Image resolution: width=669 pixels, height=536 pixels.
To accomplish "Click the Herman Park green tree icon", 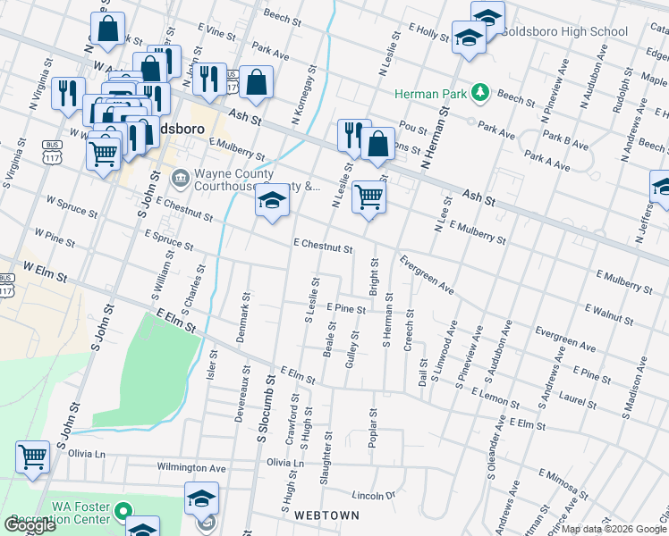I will point(480,93).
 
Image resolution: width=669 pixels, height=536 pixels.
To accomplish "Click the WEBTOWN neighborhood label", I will point(321,515).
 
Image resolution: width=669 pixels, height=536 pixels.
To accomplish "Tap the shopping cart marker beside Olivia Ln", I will point(33,456).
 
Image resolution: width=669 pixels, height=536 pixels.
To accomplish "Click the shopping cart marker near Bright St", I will point(368,197).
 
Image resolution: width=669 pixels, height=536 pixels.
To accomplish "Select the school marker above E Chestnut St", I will point(273,203).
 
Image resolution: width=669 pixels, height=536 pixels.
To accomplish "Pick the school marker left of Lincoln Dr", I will point(202,498).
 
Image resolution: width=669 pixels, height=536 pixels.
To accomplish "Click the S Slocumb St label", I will point(265,406).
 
